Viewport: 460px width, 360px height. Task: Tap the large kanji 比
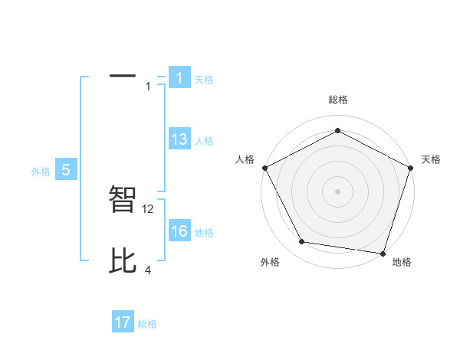(x=123, y=260)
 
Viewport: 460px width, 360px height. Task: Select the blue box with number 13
(x=179, y=139)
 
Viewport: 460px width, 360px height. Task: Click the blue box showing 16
(x=179, y=231)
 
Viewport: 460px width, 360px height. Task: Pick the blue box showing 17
(x=123, y=322)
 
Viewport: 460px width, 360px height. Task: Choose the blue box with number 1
(x=179, y=78)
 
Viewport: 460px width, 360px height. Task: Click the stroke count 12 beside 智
(x=149, y=208)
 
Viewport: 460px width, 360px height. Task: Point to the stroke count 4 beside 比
(x=148, y=270)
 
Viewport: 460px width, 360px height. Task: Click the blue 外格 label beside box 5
(x=41, y=172)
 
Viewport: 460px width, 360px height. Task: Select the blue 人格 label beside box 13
(x=204, y=141)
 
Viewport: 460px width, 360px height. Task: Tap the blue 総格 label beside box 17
(x=147, y=324)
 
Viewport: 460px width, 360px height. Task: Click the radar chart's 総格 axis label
(x=337, y=100)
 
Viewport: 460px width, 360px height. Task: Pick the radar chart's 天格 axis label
(x=431, y=159)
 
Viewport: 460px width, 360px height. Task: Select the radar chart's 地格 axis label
(x=402, y=262)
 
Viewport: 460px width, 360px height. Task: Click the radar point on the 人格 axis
(x=265, y=168)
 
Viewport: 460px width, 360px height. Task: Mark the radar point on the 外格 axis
(x=302, y=242)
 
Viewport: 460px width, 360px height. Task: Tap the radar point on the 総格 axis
(x=337, y=131)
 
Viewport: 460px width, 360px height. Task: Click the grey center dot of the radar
(x=337, y=191)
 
